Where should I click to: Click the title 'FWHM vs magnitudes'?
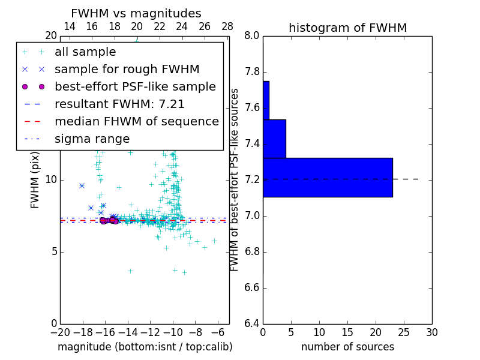pyautogui.click(x=136, y=13)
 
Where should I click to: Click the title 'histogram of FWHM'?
pyautogui.click(x=347, y=28)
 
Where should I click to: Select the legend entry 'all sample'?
pyautogui.click(x=85, y=52)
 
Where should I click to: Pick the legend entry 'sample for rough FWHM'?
pyautogui.click(x=127, y=70)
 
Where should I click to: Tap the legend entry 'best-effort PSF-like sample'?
pyautogui.click(x=135, y=87)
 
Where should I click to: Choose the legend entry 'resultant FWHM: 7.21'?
pyautogui.click(x=119, y=104)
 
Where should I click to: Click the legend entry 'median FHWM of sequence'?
pyautogui.click(x=136, y=122)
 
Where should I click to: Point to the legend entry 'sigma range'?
pyautogui.click(x=92, y=139)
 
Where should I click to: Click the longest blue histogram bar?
pyautogui.click(x=328, y=177)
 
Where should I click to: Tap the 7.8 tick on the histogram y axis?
pyautogui.click(x=253, y=72)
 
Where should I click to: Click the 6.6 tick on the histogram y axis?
pyautogui.click(x=253, y=288)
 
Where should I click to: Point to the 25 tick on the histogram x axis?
pyautogui.click(x=404, y=332)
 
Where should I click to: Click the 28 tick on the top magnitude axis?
pyautogui.click(x=227, y=26)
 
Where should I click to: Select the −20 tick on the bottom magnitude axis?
pyautogui.click(x=60, y=332)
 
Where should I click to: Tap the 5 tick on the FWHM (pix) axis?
pyautogui.click(x=53, y=251)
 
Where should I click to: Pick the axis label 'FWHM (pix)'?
pyautogui.click(x=35, y=180)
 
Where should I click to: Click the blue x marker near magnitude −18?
pyautogui.click(x=82, y=186)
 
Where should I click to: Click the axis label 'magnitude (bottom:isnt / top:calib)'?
pyautogui.click(x=145, y=347)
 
